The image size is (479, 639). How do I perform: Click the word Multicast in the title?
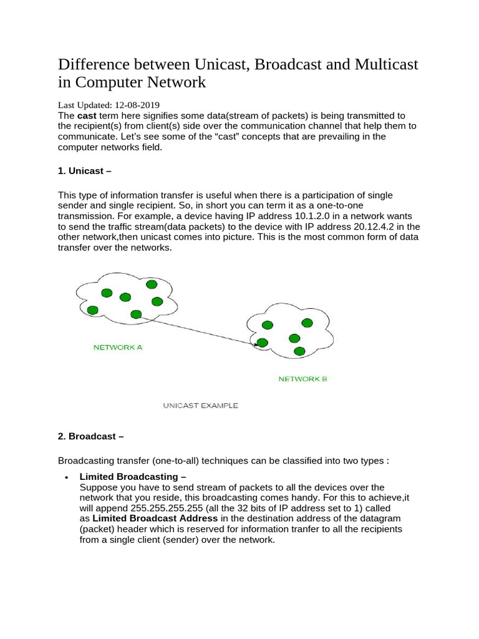point(380,65)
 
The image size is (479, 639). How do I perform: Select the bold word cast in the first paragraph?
point(87,116)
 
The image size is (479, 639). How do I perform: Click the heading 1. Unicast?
point(85,171)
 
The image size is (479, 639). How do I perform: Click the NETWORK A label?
point(118,348)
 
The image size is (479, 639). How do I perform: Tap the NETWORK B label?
point(302,379)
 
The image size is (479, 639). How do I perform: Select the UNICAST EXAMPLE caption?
point(200,406)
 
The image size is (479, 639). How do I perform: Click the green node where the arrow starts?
point(136,314)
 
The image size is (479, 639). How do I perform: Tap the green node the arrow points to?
point(263,343)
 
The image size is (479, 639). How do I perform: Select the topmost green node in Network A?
point(152,285)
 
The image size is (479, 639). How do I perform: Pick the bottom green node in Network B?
point(299,351)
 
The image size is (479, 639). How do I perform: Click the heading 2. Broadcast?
point(87,436)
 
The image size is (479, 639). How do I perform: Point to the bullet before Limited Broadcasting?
point(66,477)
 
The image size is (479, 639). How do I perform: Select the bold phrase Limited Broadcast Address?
point(155,519)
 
